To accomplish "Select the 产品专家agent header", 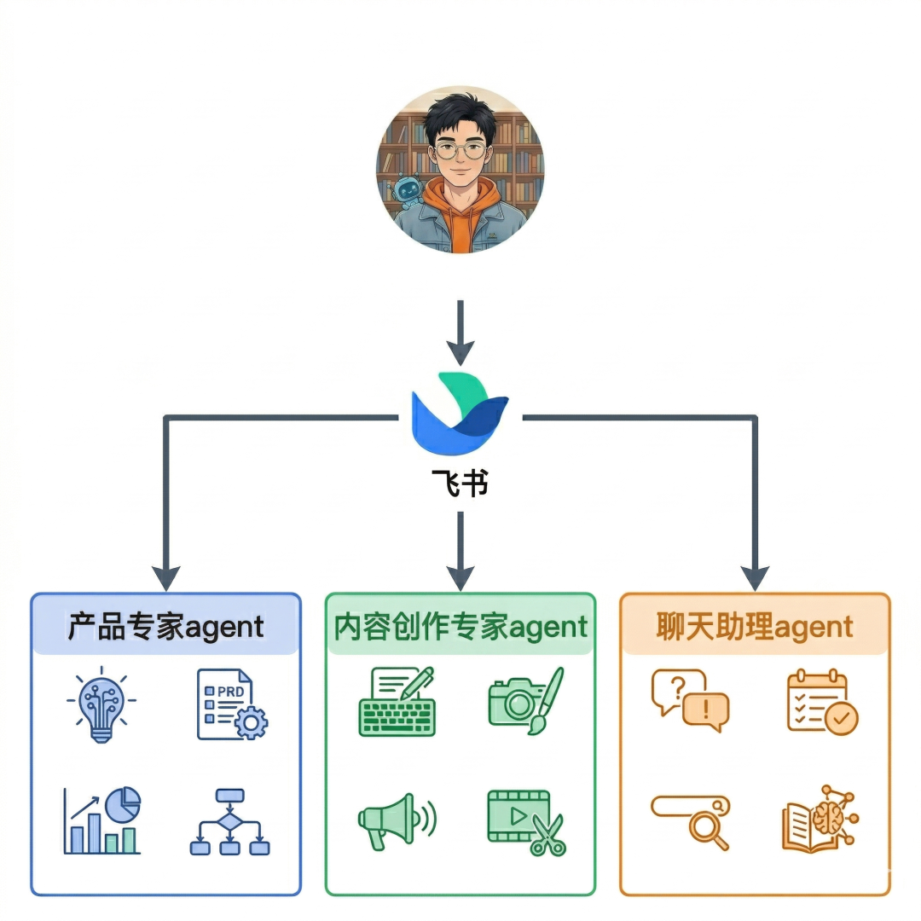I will pos(166,628).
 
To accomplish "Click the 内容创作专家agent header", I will pos(460,628).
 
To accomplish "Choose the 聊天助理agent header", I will pos(755,628).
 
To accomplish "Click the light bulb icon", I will pos(101,705).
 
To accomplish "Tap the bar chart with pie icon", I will pos(101,820).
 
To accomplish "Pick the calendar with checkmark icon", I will pos(822,702).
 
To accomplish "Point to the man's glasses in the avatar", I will pos(460,152).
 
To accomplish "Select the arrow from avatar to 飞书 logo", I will pos(460,332).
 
